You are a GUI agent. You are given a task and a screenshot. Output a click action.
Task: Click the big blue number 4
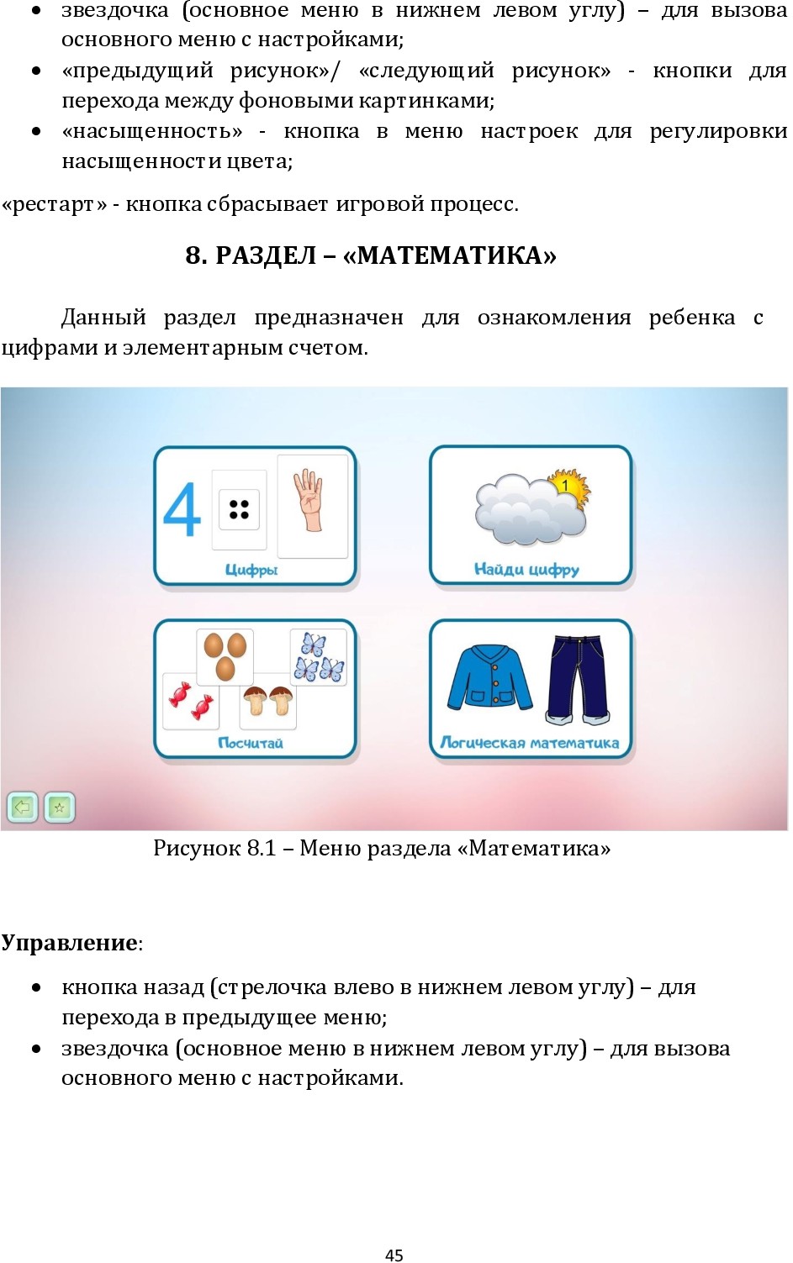point(182,509)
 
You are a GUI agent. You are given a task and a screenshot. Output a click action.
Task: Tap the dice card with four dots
point(239,509)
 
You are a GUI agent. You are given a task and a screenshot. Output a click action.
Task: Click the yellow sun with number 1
point(567,488)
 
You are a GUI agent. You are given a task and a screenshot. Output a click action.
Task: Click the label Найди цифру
point(526,570)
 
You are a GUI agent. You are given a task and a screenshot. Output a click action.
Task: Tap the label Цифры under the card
point(251,570)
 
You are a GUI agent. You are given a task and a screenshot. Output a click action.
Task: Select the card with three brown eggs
point(225,655)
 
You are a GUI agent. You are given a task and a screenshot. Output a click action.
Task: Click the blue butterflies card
point(318,658)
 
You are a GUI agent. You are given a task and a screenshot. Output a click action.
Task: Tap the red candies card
point(191,702)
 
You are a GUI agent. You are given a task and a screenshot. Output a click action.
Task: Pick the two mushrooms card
point(268,702)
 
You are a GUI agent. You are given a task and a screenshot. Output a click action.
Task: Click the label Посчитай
point(251,743)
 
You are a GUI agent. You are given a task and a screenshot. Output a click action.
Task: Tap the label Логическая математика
point(530,743)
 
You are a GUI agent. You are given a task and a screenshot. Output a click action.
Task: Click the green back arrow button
point(22,808)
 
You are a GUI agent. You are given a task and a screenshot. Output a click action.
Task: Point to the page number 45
point(394,1255)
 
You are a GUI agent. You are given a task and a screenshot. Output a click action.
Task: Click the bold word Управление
point(70,943)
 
